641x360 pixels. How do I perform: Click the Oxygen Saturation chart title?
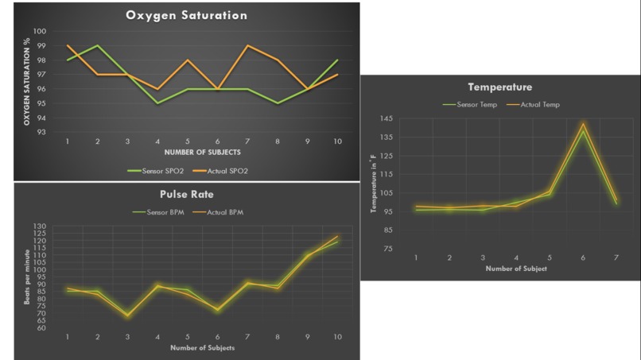(186, 15)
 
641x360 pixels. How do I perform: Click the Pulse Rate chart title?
(186, 193)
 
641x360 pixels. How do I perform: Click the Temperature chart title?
(499, 87)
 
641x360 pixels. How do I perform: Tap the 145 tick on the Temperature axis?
(387, 118)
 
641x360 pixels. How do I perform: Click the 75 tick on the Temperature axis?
(388, 249)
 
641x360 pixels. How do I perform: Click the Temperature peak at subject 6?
(583, 125)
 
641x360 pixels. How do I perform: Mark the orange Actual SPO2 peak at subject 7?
(249, 46)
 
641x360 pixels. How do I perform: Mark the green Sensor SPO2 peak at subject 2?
(97, 46)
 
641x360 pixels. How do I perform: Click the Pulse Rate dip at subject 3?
(127, 315)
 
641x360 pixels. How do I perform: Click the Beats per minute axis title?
(26, 277)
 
